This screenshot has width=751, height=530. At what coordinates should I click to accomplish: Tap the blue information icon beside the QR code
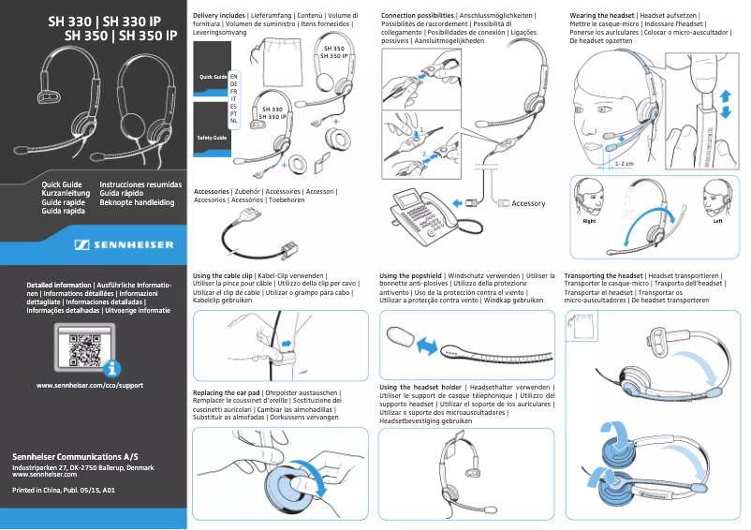113,368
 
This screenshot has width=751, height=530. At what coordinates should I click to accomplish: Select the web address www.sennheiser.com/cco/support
89,385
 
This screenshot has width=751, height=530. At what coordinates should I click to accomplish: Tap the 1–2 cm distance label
625,163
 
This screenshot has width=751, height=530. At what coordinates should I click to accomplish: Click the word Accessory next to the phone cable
528,203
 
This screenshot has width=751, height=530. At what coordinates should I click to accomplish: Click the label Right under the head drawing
589,222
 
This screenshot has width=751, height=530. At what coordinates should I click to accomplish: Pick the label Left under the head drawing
717,222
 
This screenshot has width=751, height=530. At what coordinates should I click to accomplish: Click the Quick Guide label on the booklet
212,75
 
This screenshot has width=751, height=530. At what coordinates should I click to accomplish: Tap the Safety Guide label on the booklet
211,138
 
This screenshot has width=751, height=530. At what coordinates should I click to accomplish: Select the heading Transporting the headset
604,275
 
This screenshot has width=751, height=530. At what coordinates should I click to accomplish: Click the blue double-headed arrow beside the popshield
427,346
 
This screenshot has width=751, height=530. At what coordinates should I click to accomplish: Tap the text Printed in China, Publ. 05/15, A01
63,490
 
